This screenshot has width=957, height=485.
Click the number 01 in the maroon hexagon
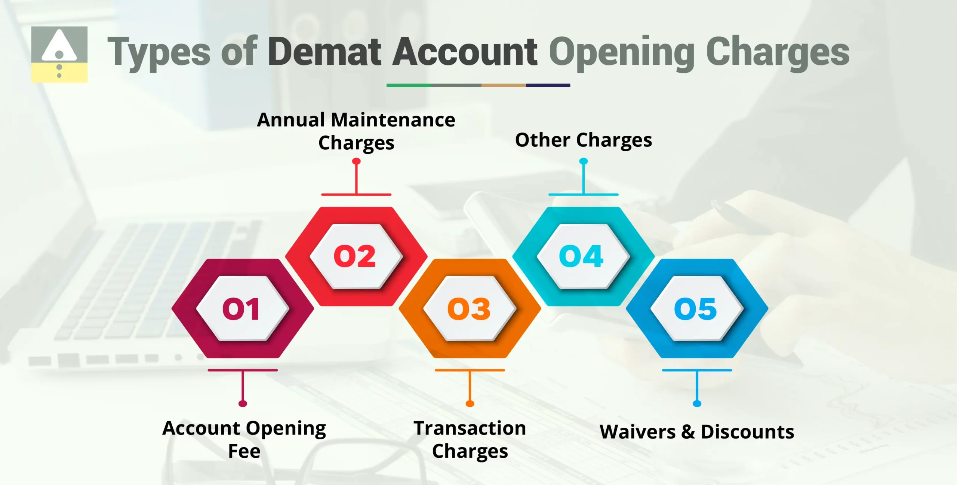point(241,309)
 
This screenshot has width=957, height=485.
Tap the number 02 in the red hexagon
point(355,257)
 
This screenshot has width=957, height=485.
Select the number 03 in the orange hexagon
point(469,309)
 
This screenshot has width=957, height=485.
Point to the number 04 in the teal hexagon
point(581,257)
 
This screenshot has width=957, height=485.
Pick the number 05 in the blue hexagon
point(696,309)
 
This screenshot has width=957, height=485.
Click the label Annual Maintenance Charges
point(356,131)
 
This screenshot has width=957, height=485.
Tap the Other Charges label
point(584,140)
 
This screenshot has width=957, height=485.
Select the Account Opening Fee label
point(244,439)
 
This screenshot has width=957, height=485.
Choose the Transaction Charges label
point(470,439)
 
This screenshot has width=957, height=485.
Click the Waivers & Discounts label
point(697,432)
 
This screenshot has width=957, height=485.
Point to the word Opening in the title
point(621,52)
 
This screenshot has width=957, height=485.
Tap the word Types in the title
point(159,52)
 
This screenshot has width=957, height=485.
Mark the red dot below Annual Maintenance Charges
point(356,161)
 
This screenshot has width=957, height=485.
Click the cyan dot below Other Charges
point(584,161)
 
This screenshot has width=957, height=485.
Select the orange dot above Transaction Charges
point(470,403)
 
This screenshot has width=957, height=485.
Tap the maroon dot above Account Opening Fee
point(243,403)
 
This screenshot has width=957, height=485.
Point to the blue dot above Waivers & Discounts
point(697,403)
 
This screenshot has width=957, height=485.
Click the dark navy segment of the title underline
point(548,85)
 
